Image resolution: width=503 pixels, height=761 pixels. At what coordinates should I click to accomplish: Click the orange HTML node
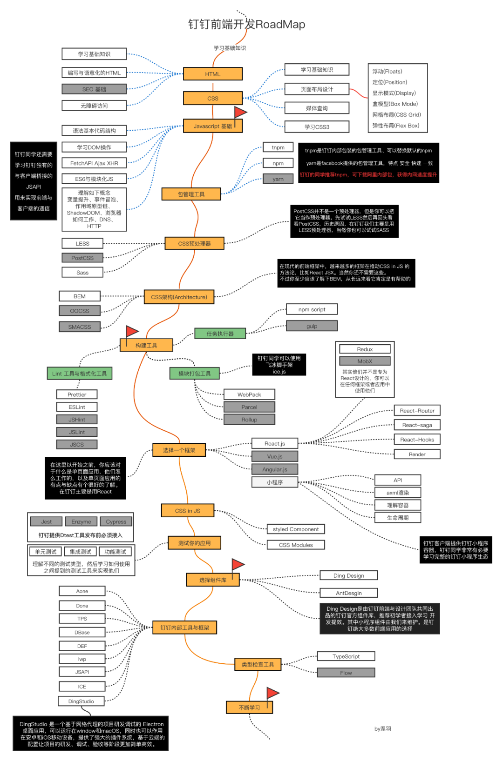213,74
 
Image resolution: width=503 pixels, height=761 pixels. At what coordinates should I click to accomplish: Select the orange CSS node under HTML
213,98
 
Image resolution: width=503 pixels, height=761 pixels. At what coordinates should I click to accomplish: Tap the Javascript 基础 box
212,126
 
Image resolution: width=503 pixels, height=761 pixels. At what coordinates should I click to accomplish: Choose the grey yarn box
278,179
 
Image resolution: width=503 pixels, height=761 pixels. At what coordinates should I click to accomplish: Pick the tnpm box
278,147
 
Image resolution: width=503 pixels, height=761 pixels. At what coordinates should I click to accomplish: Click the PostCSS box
82,258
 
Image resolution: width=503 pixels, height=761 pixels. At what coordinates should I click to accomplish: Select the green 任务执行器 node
220,334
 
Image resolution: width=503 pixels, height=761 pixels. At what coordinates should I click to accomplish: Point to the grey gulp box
312,326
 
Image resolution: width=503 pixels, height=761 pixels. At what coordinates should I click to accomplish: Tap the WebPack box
249,394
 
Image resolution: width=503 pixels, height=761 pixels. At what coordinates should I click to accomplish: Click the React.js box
275,443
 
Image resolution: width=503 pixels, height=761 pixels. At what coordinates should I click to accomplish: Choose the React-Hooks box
417,440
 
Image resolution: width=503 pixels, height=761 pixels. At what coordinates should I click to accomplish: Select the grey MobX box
365,361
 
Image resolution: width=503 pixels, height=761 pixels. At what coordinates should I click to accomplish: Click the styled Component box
296,529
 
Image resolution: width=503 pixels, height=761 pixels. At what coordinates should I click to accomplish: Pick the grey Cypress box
116,521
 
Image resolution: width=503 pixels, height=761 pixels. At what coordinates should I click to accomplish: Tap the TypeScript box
346,656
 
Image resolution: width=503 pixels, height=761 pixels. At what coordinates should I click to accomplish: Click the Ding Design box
349,575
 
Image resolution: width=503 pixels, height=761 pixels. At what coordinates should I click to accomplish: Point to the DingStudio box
81,701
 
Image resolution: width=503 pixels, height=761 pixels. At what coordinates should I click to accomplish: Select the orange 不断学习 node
249,708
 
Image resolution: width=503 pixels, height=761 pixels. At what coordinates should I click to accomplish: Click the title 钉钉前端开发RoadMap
247,24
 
